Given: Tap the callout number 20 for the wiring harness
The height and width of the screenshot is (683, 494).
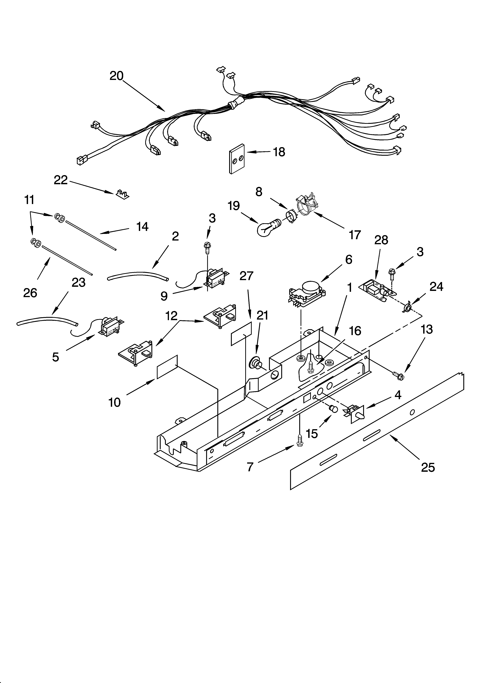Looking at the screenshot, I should (x=116, y=76).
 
